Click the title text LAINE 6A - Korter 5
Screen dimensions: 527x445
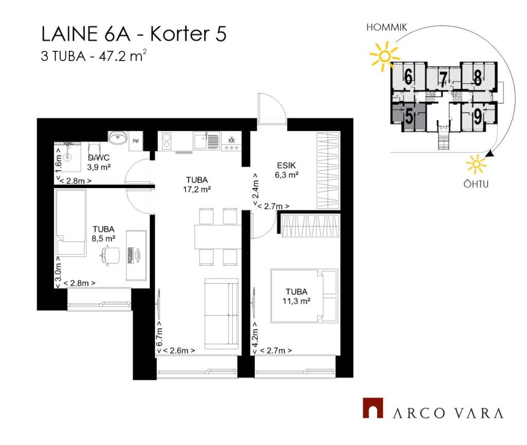pyautogui.click(x=134, y=34)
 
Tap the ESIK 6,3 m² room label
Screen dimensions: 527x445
pyautogui.click(x=286, y=170)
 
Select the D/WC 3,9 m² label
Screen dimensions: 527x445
pyautogui.click(x=99, y=162)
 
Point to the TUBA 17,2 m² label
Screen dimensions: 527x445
pyautogui.click(x=197, y=184)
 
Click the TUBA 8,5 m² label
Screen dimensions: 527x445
pyautogui.click(x=103, y=234)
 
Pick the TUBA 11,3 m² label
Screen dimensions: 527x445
pyautogui.click(x=296, y=296)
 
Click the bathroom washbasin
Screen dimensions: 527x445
pyautogui.click(x=118, y=137)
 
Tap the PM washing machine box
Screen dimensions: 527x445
pyautogui.click(x=136, y=141)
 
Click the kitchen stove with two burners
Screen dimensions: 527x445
pyautogui.click(x=167, y=141)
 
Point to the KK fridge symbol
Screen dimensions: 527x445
pyautogui.click(x=232, y=141)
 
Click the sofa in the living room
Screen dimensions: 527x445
pyautogui.click(x=221, y=313)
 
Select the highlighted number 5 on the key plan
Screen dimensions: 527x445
pyautogui.click(x=409, y=117)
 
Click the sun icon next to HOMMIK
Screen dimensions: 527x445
pyautogui.click(x=384, y=55)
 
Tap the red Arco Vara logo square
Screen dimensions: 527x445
pyautogui.click(x=373, y=408)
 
